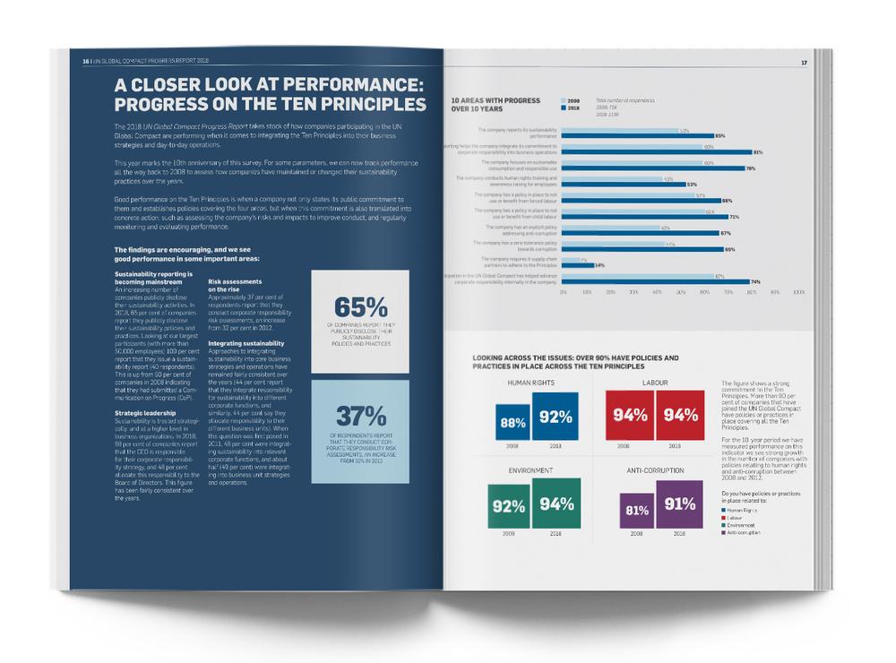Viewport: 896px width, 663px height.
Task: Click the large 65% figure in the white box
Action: click(360, 307)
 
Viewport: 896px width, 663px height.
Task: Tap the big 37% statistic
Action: click(360, 416)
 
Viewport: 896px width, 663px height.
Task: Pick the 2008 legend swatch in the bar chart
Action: click(563, 100)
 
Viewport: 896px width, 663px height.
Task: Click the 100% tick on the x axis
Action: click(798, 292)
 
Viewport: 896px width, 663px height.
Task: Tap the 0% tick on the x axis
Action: click(563, 292)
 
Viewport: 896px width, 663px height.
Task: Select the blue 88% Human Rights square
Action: click(513, 423)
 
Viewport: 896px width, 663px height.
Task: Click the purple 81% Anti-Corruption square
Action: click(637, 511)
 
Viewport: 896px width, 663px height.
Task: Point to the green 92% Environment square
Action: click(507, 506)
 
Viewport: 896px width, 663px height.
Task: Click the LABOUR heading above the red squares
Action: click(655, 382)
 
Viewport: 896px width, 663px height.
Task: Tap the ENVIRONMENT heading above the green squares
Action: click(531, 469)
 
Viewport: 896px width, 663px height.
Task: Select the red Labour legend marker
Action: click(723, 516)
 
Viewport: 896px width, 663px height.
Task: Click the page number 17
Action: click(804, 63)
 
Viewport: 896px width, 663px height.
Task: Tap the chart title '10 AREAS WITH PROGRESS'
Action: click(495, 100)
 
